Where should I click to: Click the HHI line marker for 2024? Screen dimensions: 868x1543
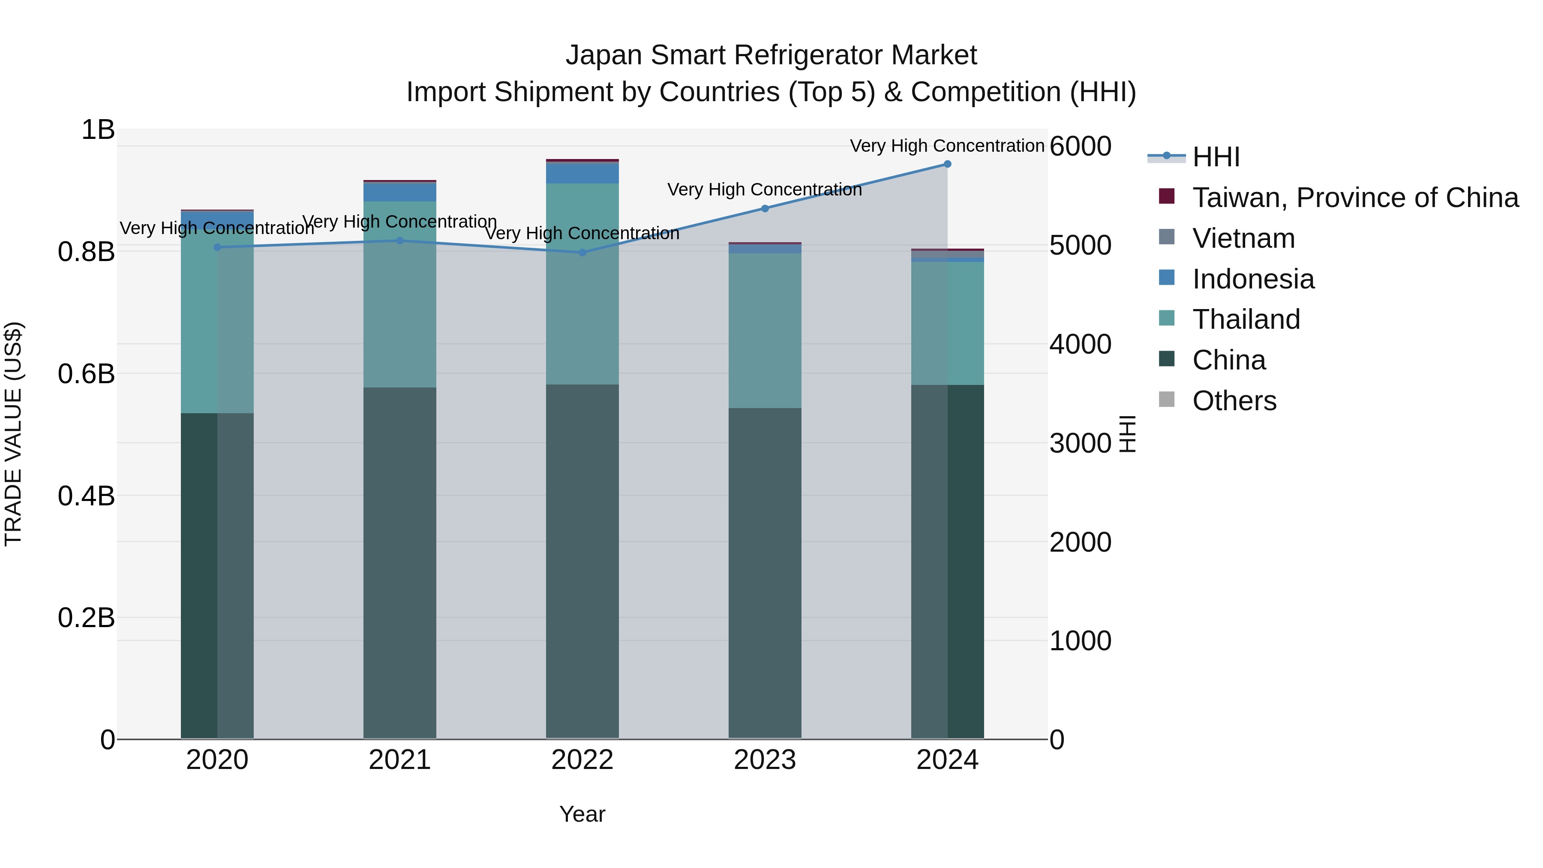click(947, 164)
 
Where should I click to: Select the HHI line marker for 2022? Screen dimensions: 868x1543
click(582, 252)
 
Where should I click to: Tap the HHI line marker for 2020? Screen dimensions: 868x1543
click(217, 247)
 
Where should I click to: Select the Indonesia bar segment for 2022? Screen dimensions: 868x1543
click(582, 172)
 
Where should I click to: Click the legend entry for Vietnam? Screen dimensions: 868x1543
click(1243, 238)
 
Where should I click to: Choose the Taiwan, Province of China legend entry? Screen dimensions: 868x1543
click(1355, 198)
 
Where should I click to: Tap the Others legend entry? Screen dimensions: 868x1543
click(1234, 401)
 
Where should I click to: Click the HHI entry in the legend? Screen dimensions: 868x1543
click(1216, 157)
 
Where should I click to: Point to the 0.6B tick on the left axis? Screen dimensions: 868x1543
click(86, 374)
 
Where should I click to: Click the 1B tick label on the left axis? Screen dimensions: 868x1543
click(98, 130)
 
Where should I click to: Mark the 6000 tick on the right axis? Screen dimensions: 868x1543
click(1080, 146)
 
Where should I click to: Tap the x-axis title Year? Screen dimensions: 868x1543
click(582, 814)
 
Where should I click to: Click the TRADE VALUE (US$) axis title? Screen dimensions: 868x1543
click(14, 434)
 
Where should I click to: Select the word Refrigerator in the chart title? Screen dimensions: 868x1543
click(808, 55)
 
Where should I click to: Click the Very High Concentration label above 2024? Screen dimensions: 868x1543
click(946, 146)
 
